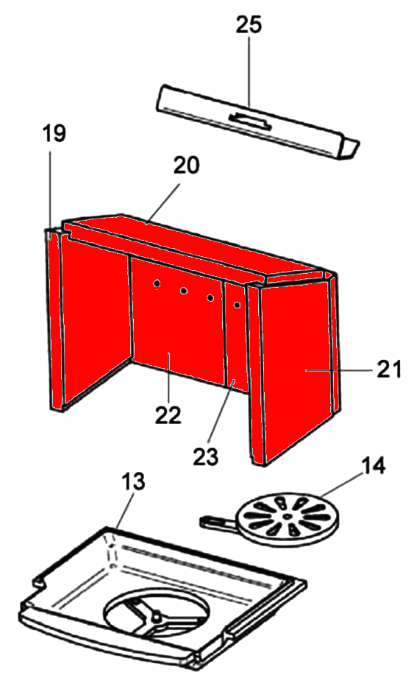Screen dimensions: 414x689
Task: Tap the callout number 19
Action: (54, 133)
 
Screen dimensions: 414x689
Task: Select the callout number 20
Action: (186, 165)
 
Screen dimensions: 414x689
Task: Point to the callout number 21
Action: (389, 370)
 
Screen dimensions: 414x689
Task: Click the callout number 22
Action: (168, 414)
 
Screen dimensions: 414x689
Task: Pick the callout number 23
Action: (205, 456)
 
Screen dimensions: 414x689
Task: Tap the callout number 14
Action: (373, 466)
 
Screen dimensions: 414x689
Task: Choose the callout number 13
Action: (132, 481)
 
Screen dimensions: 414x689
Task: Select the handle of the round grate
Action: (218, 522)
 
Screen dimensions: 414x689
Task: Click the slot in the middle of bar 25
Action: (249, 119)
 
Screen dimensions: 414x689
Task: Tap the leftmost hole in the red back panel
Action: (157, 285)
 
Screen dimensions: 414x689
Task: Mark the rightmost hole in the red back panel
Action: (237, 305)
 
